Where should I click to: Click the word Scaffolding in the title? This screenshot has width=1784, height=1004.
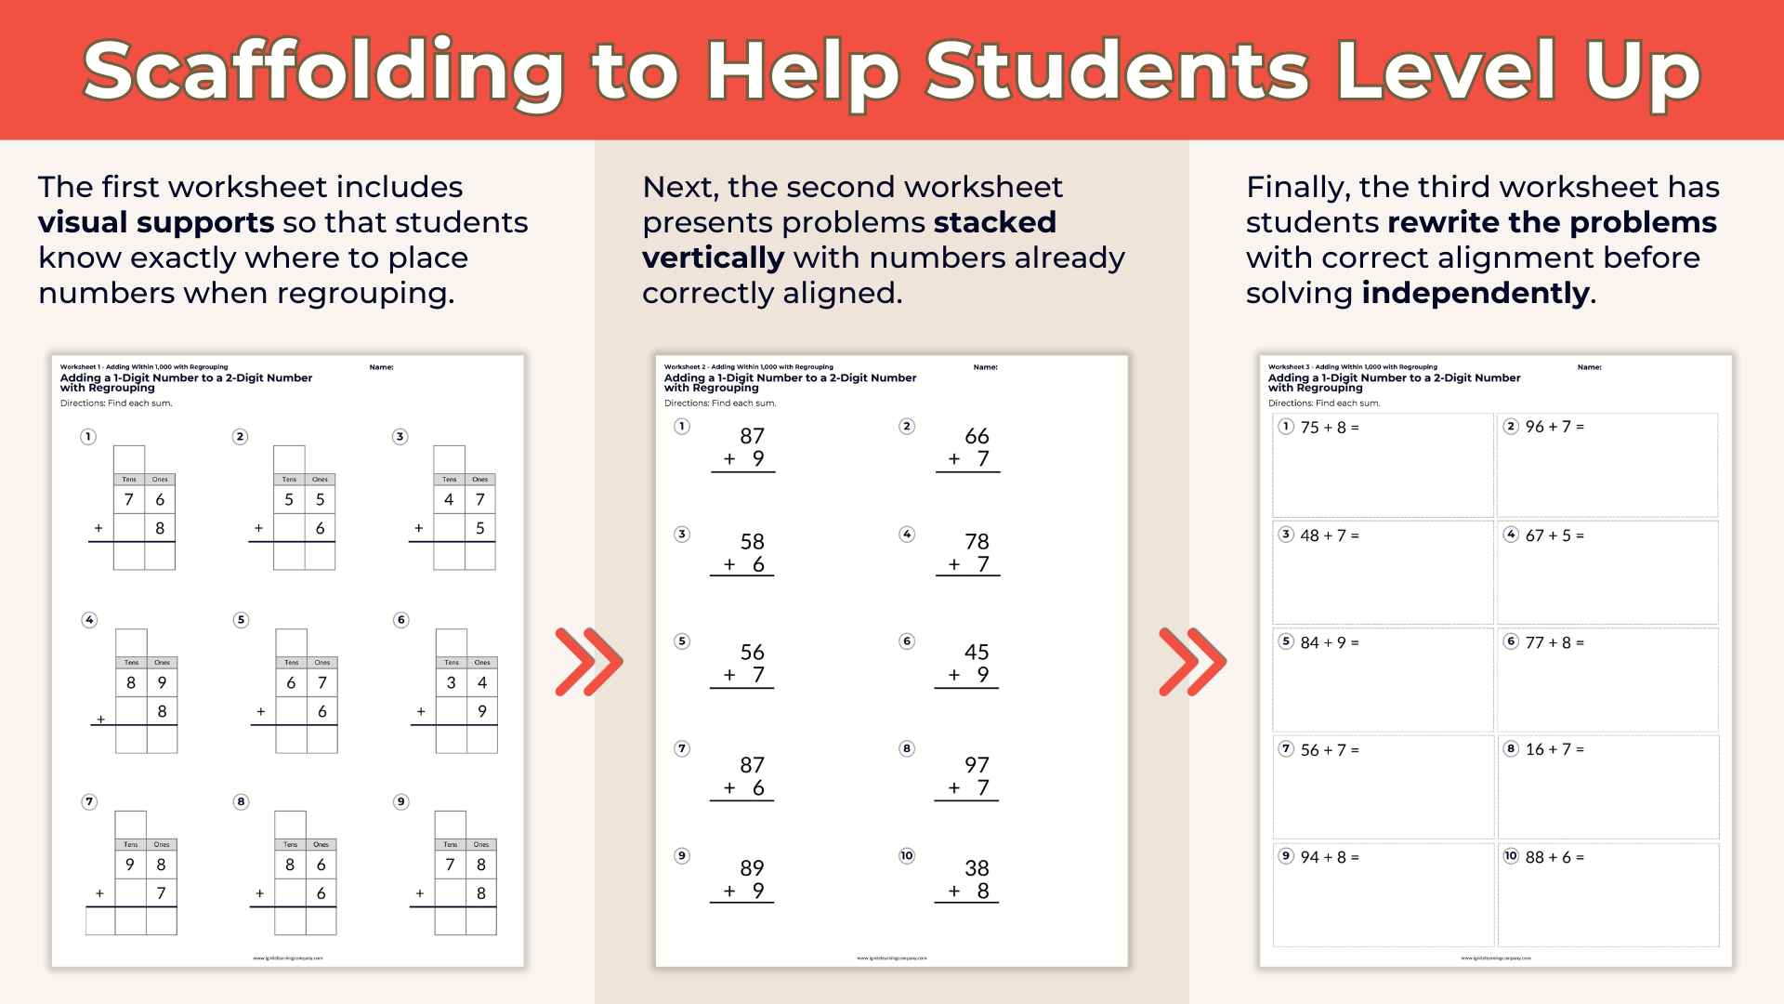[323, 73]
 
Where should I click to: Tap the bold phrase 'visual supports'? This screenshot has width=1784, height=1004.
[156, 223]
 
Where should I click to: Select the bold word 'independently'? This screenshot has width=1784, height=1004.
[1476, 294]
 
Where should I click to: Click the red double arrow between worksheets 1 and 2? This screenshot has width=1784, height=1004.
[588, 662]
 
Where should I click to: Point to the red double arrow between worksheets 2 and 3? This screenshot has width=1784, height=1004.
[1192, 662]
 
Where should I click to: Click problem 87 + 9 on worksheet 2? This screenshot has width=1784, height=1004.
[745, 448]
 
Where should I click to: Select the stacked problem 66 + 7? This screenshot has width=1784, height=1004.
[970, 448]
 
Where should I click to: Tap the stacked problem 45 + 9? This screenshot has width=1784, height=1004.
[970, 664]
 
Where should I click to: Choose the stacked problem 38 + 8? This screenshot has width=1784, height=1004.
[970, 879]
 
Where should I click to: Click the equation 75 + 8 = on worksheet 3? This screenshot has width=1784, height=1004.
[1329, 428]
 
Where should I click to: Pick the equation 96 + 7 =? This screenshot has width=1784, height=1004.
[1554, 427]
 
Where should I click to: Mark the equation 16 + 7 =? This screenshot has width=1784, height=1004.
[1554, 749]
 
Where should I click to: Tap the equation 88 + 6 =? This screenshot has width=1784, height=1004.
[1554, 857]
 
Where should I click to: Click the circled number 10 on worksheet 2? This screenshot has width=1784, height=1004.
[907, 856]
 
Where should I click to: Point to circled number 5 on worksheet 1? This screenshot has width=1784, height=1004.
[242, 620]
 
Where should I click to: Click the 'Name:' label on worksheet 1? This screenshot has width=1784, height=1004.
[381, 367]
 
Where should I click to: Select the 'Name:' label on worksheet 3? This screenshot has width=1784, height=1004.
[1589, 367]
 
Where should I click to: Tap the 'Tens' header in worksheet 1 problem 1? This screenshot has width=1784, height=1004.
[129, 480]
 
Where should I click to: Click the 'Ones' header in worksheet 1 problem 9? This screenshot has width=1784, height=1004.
[480, 845]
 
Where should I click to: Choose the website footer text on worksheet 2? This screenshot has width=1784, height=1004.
[892, 958]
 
